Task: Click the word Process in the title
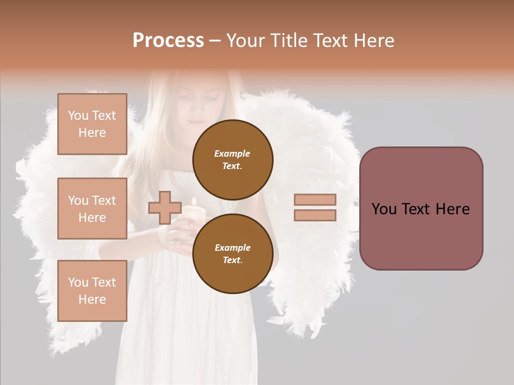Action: (168, 41)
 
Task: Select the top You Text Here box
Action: (92, 124)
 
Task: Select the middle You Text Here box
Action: (92, 209)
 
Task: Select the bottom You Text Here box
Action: (92, 291)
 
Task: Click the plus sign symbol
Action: (164, 207)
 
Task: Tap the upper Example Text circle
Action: (232, 159)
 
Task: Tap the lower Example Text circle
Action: (232, 253)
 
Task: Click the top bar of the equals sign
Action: (315, 199)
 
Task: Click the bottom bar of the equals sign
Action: (315, 215)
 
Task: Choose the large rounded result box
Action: (421, 209)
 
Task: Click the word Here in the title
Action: (372, 41)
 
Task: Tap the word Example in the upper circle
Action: (232, 153)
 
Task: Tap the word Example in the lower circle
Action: (232, 248)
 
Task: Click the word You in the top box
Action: (78, 115)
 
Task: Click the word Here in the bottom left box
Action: (92, 299)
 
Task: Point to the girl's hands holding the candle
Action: (179, 233)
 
